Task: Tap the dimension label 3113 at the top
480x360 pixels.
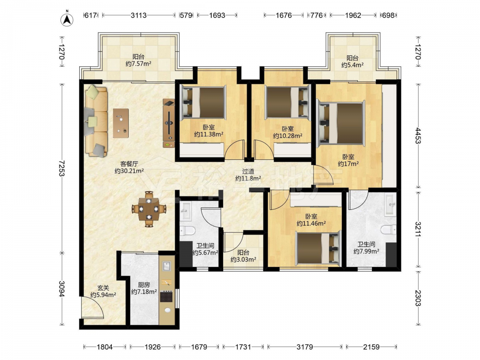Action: click(139, 15)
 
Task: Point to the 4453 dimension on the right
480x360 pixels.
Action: click(418, 136)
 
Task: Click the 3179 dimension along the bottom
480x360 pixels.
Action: click(305, 347)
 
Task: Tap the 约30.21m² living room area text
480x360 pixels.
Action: click(129, 171)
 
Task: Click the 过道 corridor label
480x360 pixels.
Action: click(248, 171)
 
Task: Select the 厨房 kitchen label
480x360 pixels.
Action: click(144, 285)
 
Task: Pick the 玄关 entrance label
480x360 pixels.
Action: click(103, 288)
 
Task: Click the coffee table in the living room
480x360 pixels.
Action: click(120, 123)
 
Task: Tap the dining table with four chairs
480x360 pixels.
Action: click(148, 209)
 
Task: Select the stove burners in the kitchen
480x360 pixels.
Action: click(166, 296)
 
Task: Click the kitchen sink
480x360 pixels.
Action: click(166, 266)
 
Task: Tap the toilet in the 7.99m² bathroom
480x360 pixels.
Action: click(388, 229)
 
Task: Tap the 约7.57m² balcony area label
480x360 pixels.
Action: click(138, 64)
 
